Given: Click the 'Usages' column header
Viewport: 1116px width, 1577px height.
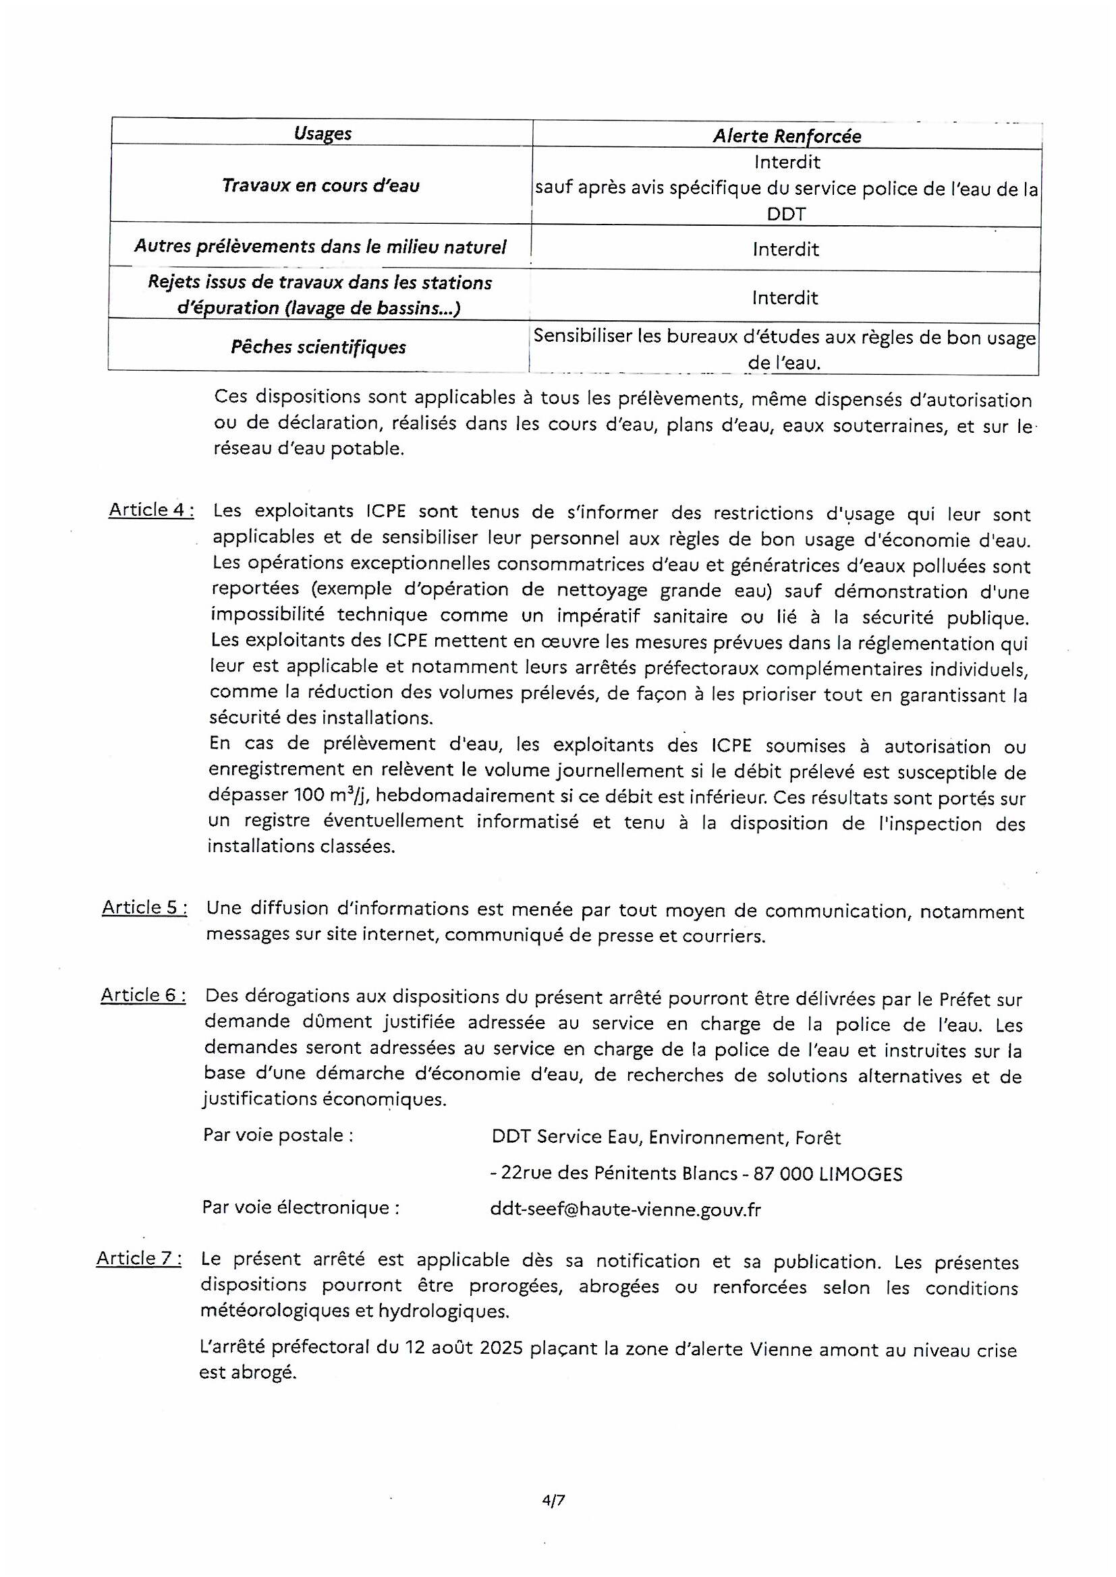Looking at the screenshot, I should (x=323, y=133).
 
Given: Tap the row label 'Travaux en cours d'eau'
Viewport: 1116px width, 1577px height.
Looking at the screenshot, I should (x=320, y=185).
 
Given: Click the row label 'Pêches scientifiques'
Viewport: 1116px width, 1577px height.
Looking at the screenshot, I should (x=318, y=347).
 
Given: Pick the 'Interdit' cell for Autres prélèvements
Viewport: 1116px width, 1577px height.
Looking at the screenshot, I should (x=785, y=249).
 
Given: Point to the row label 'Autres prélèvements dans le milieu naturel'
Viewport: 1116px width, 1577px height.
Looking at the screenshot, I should (x=320, y=247).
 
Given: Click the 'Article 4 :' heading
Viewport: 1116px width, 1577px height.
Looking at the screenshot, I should (x=150, y=510).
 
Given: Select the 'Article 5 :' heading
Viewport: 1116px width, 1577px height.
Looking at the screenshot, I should (x=144, y=907).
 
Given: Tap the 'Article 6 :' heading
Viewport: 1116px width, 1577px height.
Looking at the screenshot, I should (x=143, y=994).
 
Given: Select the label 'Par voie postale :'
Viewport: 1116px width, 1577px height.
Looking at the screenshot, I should (x=278, y=1135).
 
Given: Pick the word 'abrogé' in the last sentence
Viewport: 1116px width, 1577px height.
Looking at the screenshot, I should (x=267, y=1373).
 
